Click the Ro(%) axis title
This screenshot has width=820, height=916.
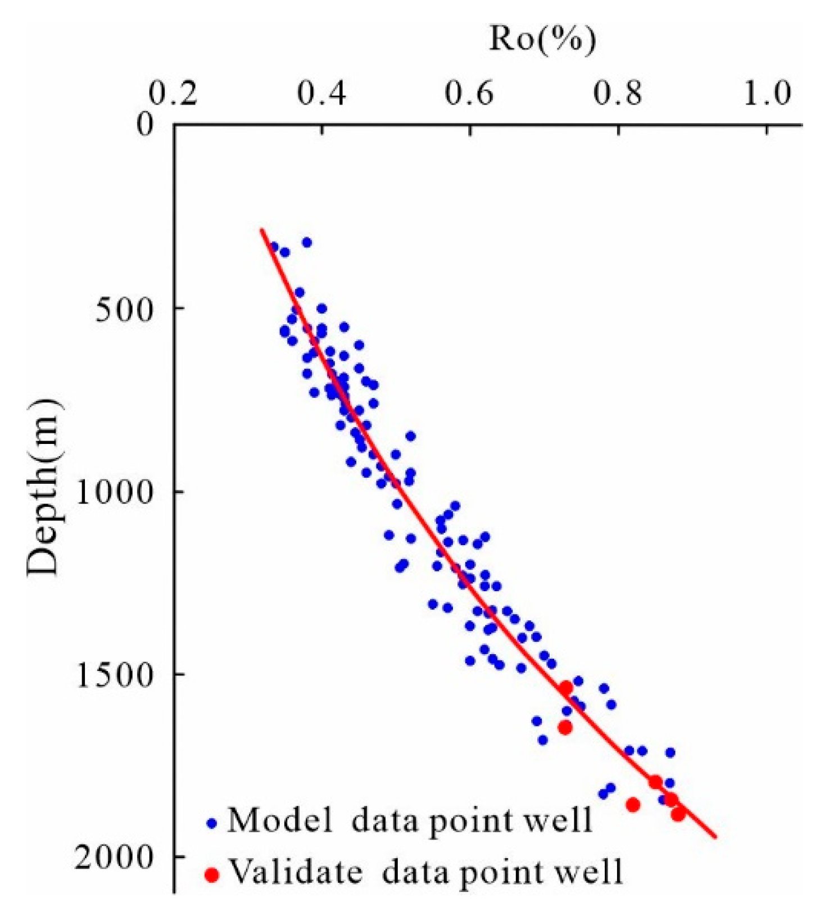point(542,40)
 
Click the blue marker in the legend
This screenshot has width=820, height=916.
point(212,824)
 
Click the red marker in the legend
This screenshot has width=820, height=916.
point(211,875)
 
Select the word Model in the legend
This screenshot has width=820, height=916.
point(279,820)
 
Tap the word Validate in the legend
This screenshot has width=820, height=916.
point(296,872)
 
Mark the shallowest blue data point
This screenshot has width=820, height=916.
point(307,242)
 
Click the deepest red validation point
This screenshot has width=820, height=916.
point(678,813)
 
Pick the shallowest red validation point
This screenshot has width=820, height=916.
point(566,687)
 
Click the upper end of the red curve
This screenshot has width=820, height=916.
point(261,229)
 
